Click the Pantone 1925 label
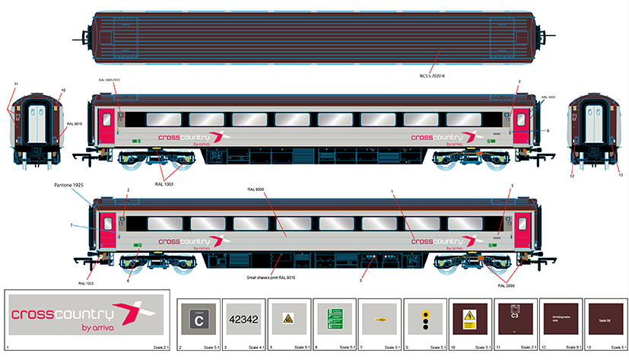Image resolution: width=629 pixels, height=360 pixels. [x=71, y=185]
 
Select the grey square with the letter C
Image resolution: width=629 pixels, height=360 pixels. [x=199, y=320]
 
